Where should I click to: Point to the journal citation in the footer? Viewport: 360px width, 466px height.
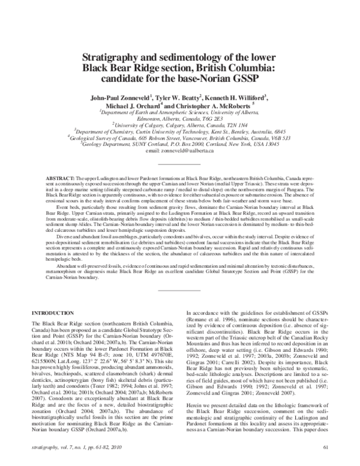(x=80, y=447)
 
